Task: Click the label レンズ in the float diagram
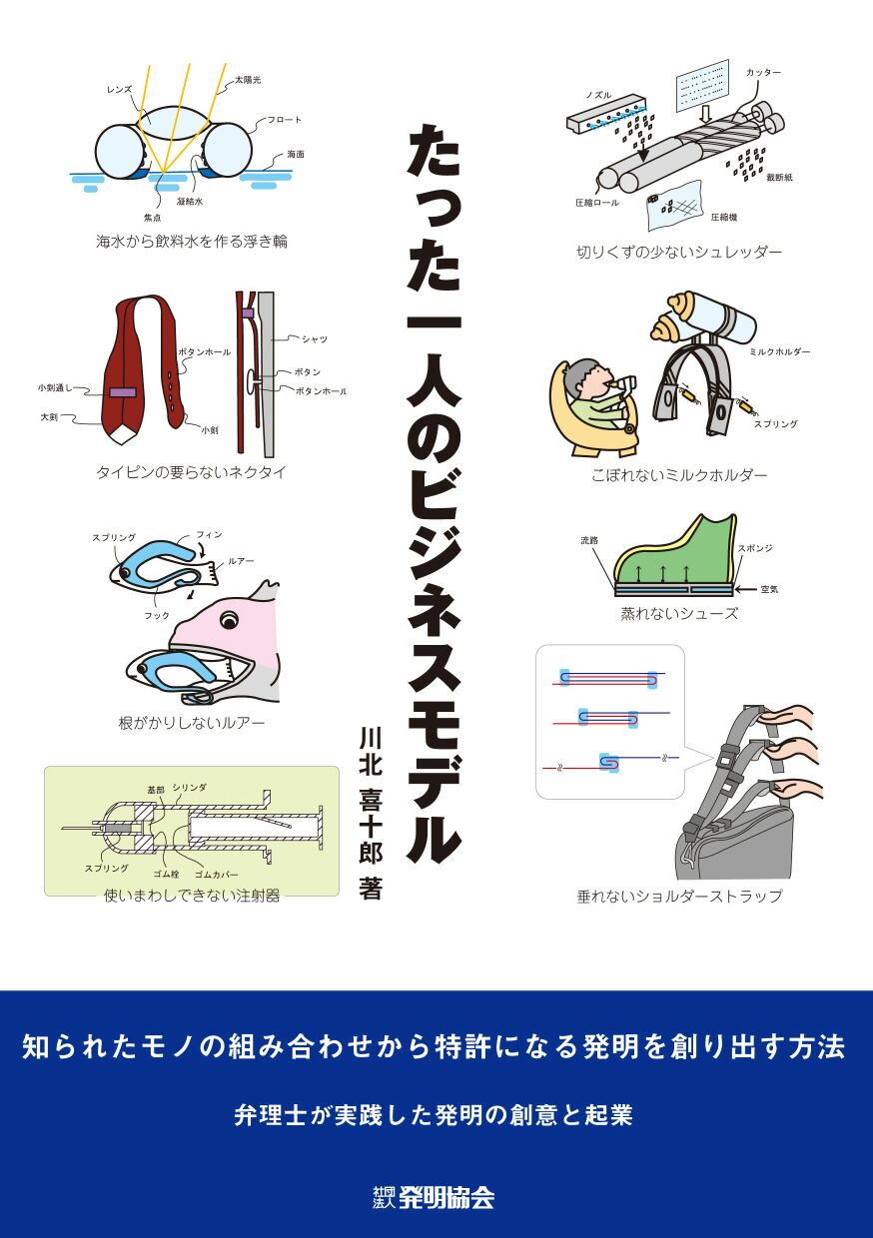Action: tap(119, 90)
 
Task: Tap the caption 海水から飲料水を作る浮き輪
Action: tap(191, 242)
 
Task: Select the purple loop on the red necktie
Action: tap(123, 393)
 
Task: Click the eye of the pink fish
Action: tap(229, 622)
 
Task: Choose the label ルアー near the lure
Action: tap(241, 562)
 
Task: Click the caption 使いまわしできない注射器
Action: tap(191, 896)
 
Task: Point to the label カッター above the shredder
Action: tap(763, 73)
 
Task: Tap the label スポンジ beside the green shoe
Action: tap(755, 548)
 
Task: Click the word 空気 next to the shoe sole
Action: tap(769, 589)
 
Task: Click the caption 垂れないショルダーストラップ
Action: tap(679, 896)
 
